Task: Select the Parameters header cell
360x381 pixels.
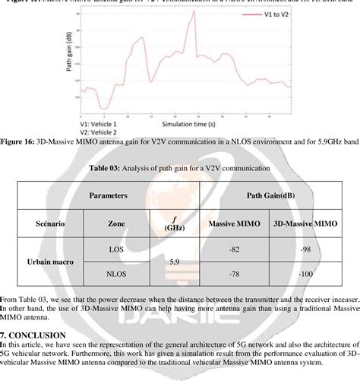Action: click(x=107, y=195)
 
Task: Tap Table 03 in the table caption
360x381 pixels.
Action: click(x=119, y=170)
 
